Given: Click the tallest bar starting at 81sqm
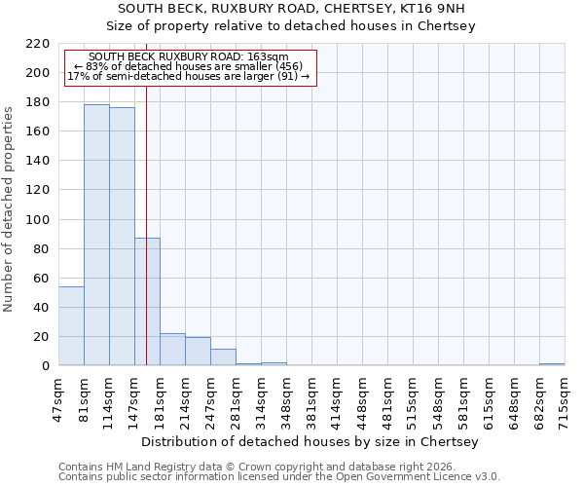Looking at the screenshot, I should pyautogui.click(x=96, y=235).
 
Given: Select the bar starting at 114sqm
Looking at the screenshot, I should pyautogui.click(x=122, y=237).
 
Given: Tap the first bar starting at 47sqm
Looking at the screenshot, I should pyautogui.click(x=71, y=326).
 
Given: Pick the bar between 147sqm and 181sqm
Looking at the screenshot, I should pyautogui.click(x=147, y=302).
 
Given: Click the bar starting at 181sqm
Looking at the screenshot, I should pyautogui.click(x=172, y=350).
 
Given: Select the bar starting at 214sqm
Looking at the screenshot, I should pyautogui.click(x=198, y=352).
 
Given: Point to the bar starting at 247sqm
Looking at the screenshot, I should pyautogui.click(x=223, y=357).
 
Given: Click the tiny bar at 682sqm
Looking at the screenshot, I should pyautogui.click(x=552, y=364).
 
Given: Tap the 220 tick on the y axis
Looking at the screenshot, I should pyautogui.click(x=39, y=44).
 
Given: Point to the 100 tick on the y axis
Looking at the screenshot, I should pyautogui.click(x=39, y=220).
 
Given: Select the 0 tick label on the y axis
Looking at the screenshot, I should pyautogui.click(x=46, y=366).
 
